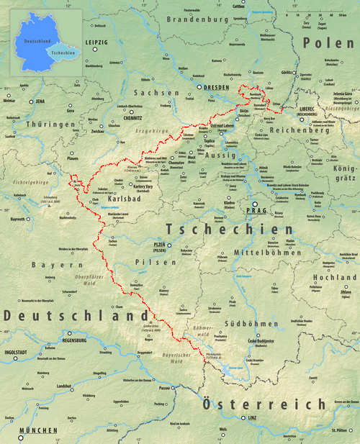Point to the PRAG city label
pyautogui.click(x=256, y=211)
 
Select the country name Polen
pyautogui.click(x=328, y=44)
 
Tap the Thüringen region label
pyautogui.click(x=50, y=124)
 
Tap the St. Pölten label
pyautogui.click(x=339, y=430)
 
